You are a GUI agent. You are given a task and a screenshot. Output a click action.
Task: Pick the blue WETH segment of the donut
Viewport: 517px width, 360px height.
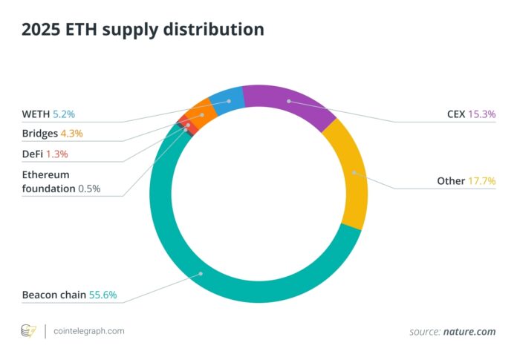click(x=227, y=99)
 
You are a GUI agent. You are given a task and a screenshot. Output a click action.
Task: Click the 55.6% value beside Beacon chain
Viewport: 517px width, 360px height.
click(x=103, y=295)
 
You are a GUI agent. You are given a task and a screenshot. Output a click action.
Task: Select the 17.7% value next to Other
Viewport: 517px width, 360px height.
click(x=481, y=181)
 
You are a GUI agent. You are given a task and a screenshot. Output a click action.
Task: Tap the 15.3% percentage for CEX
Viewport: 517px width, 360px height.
click(x=481, y=114)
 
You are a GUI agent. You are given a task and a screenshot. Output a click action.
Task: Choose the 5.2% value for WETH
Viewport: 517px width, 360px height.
click(x=63, y=115)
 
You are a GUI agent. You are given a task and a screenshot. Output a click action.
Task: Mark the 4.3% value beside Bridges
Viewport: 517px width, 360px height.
click(x=71, y=134)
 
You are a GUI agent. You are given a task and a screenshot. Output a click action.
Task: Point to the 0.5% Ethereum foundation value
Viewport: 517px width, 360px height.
click(x=88, y=189)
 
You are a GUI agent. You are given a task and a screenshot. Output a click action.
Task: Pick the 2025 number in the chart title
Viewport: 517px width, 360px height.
click(x=42, y=30)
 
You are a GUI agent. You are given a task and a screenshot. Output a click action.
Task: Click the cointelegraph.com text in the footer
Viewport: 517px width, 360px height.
click(x=89, y=330)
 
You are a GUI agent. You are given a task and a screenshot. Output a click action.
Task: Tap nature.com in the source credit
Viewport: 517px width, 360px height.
click(x=470, y=331)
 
